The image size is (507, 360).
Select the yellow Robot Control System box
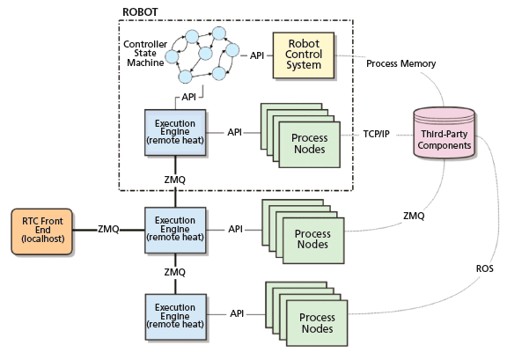[x=304, y=56]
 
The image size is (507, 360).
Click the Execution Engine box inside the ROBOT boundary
[x=174, y=132]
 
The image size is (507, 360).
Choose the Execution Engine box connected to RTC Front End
[x=174, y=230]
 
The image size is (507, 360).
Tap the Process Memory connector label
[x=398, y=62]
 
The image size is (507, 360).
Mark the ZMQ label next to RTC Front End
[x=109, y=230]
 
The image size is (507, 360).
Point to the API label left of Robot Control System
[x=256, y=55]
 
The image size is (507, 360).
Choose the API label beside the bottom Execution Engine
[x=237, y=313]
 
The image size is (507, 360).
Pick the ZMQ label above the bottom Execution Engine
[x=175, y=272]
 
